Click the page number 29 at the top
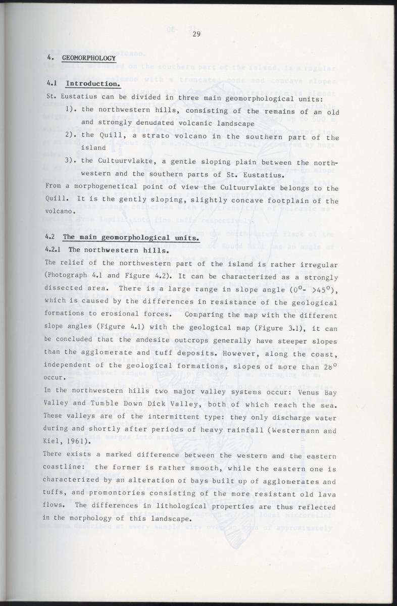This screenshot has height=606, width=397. coord(196,34)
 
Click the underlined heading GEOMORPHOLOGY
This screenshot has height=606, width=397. coord(89,58)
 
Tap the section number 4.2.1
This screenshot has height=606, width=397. coord(54,249)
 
